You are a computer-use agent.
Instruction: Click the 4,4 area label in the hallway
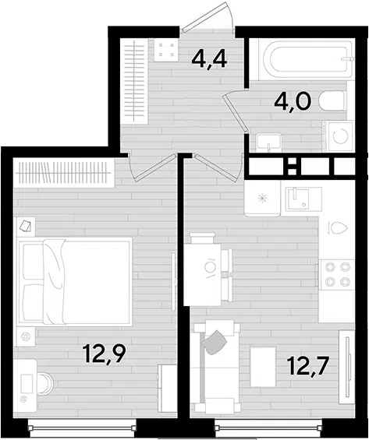(209, 60)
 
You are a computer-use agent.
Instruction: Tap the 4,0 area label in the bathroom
(293, 103)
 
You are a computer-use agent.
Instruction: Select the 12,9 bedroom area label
(104, 354)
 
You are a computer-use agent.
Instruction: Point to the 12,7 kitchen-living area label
(307, 366)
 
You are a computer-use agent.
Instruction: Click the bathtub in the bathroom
(307, 59)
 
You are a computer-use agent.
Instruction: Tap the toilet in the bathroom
(332, 100)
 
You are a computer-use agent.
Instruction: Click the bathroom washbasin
(268, 143)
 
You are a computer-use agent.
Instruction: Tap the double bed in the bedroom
(74, 281)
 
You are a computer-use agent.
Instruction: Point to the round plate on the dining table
(209, 267)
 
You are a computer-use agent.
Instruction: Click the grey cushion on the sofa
(214, 341)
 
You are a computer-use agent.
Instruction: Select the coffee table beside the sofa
(263, 367)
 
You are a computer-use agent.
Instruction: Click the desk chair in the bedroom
(46, 383)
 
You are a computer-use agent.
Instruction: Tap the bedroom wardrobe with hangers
(64, 173)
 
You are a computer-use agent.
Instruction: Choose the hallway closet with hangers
(133, 81)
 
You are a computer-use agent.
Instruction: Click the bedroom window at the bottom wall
(82, 428)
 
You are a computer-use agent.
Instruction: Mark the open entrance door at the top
(208, 18)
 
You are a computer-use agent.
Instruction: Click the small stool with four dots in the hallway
(166, 50)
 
